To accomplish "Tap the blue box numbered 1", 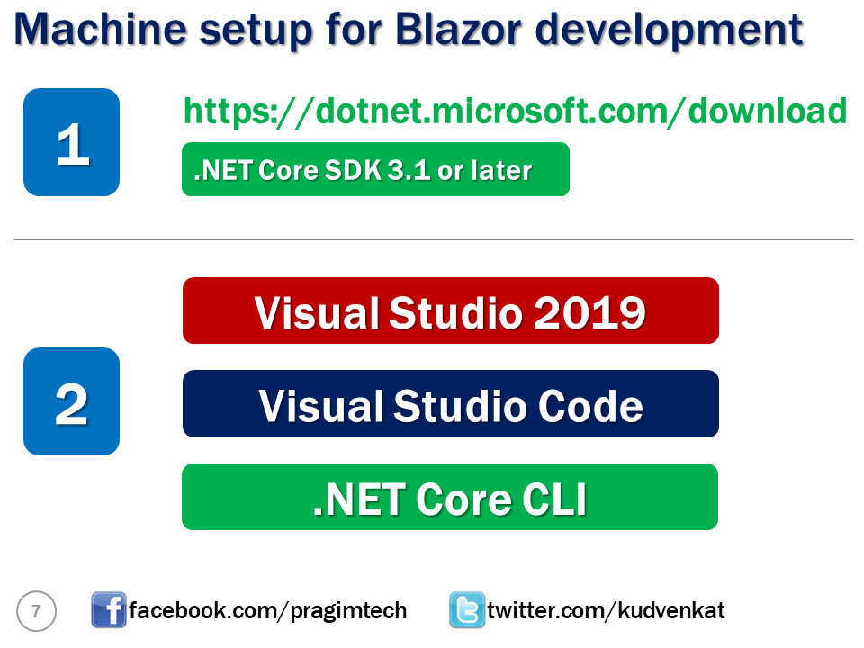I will (71, 142).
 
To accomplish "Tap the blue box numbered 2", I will (71, 401).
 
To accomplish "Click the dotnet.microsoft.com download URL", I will (515, 111).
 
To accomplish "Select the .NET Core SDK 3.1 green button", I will (375, 169).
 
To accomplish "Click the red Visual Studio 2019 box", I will (450, 310).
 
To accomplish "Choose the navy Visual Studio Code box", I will (450, 404).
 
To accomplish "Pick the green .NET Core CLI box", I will (450, 497).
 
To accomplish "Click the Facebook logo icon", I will (109, 610).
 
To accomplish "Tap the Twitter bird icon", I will (467, 610).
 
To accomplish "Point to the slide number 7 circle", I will (36, 612).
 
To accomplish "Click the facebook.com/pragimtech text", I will (268, 611).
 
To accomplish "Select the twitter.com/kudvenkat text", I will (606, 611).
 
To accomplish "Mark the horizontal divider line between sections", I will (433, 240).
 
